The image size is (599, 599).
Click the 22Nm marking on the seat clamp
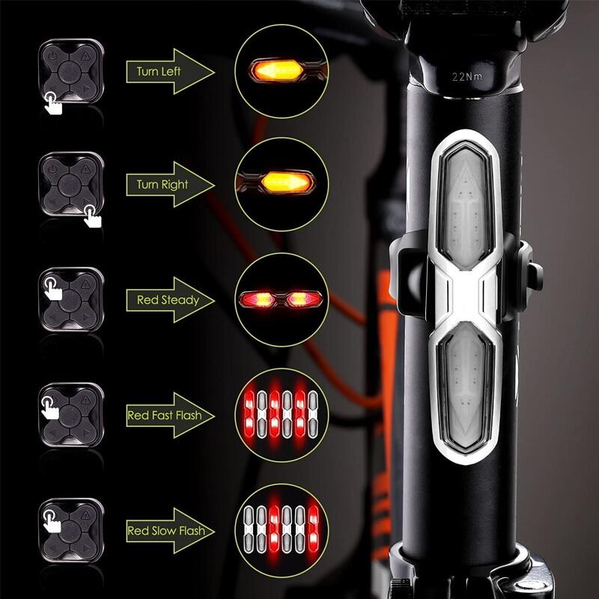pyautogui.click(x=466, y=77)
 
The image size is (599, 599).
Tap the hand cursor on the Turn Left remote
pyautogui.click(x=52, y=103)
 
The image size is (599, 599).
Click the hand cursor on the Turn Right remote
pyautogui.click(x=92, y=216)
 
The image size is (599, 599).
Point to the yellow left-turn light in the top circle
pyautogui.click(x=278, y=70)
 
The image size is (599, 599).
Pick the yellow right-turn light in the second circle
pyautogui.click(x=287, y=183)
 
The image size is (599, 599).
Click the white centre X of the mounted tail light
pyautogui.click(x=465, y=296)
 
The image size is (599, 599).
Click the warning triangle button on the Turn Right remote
pyautogui.click(x=85, y=168)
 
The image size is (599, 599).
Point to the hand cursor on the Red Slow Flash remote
pyautogui.click(x=52, y=521)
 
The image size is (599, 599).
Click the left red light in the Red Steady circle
pyautogui.click(x=257, y=299)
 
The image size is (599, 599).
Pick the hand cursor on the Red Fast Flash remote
pyautogui.click(x=50, y=407)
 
